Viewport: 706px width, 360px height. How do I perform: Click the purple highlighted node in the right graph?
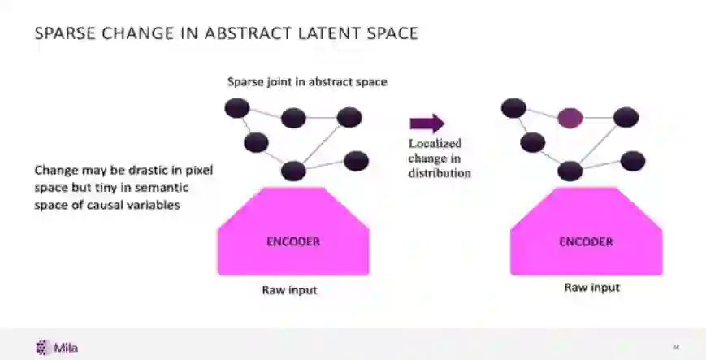pyautogui.click(x=570, y=119)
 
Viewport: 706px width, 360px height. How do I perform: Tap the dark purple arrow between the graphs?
pyautogui.click(x=427, y=124)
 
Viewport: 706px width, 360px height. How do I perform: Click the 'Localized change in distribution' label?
pyautogui.click(x=439, y=158)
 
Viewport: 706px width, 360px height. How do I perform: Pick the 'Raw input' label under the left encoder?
pyautogui.click(x=289, y=290)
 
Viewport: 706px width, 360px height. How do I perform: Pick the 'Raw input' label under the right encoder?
pyautogui.click(x=592, y=288)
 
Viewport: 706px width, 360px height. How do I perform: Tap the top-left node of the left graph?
pyautogui.click(x=236, y=108)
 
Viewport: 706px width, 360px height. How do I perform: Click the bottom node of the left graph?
pyautogui.click(x=293, y=171)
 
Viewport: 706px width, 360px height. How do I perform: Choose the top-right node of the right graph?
pyautogui.click(x=626, y=118)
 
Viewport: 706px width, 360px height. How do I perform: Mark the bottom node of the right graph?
pyautogui.click(x=570, y=171)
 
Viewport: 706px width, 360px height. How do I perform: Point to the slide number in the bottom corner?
pyautogui.click(x=675, y=348)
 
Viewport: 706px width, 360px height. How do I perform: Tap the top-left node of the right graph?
pyautogui.click(x=513, y=107)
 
